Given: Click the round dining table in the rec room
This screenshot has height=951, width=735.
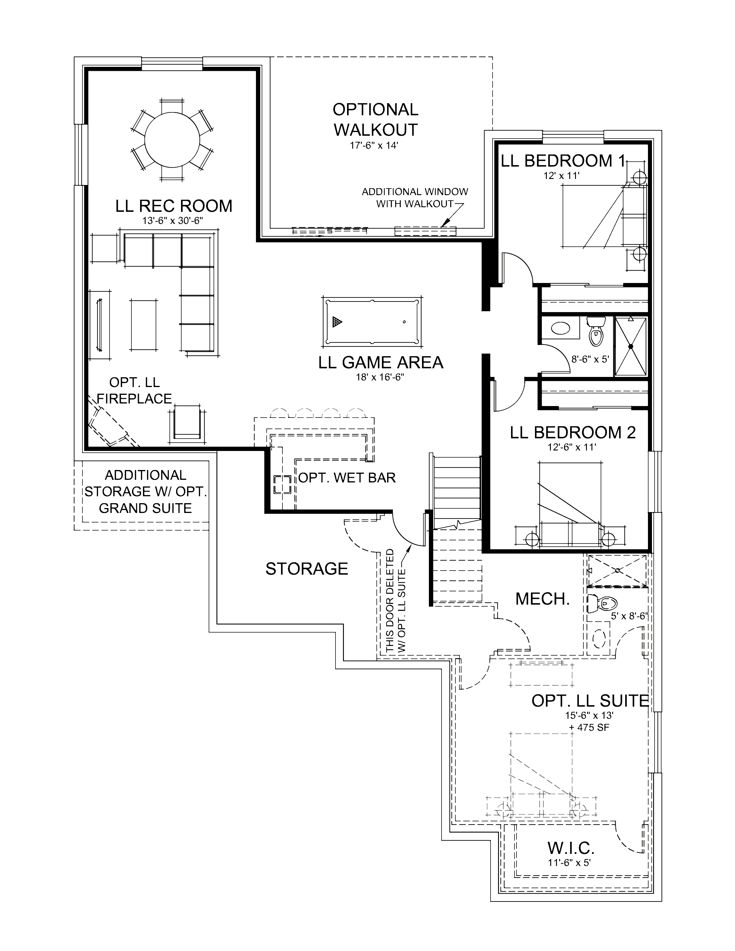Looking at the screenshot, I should [172, 139].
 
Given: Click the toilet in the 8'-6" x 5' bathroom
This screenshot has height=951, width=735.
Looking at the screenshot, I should [596, 333].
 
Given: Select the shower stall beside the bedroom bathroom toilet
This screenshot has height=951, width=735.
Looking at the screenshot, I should [630, 346].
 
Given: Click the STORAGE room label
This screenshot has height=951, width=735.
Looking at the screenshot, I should [307, 569].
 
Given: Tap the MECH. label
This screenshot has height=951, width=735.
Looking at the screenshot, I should [542, 599].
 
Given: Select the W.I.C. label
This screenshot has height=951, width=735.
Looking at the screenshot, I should [570, 848].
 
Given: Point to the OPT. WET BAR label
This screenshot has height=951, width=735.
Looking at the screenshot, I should [347, 478].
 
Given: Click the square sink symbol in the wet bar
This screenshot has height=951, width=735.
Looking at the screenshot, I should [282, 484].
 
